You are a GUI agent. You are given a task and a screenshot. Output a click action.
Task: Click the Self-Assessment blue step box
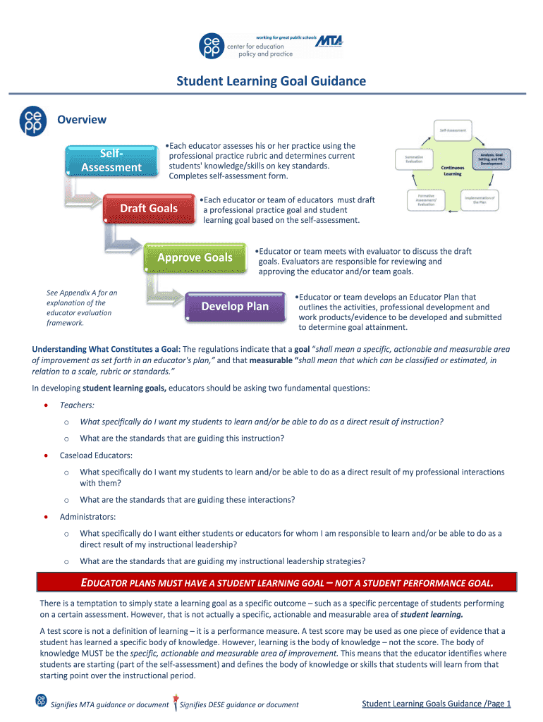pyautogui.click(x=111, y=161)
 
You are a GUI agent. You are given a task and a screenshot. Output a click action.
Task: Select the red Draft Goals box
pyautogui.click(x=149, y=209)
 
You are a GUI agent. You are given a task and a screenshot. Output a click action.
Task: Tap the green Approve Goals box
pyautogui.click(x=195, y=258)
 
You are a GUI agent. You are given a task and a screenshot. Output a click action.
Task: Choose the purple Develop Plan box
pyautogui.click(x=235, y=307)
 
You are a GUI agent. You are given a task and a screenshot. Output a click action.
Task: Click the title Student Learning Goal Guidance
pyautogui.click(x=271, y=82)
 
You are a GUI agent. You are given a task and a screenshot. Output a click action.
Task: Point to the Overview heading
pyautogui.click(x=82, y=120)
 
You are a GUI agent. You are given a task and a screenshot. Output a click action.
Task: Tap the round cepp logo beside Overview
pyautogui.click(x=34, y=121)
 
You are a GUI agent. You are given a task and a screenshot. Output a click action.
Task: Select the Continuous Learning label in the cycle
pyautogui.click(x=452, y=171)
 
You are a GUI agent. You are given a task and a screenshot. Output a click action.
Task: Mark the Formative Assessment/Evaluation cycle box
pyautogui.click(x=425, y=200)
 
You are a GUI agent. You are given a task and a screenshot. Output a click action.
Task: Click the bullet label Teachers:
pyautogui.click(x=77, y=405)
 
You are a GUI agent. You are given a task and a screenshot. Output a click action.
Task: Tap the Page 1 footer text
pyautogui.click(x=436, y=704)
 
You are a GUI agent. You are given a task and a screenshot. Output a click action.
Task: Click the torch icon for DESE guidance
pyautogui.click(x=174, y=702)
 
